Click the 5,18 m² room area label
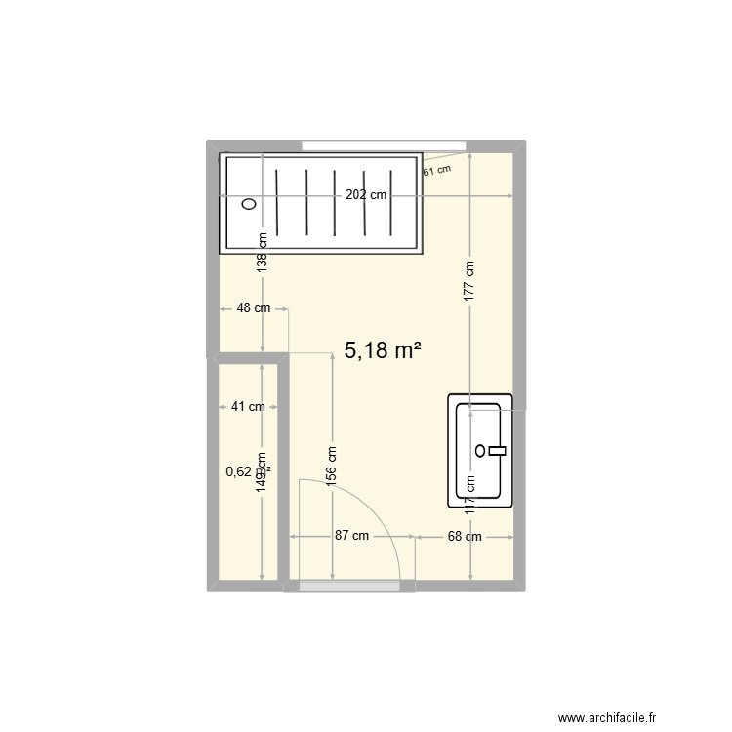(383, 351)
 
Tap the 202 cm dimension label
(365, 195)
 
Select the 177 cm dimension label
(469, 278)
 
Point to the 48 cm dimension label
(254, 308)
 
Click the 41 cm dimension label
(248, 407)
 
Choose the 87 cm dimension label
(351, 536)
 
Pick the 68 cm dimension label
(465, 536)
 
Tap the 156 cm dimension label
(332, 467)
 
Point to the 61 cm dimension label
(437, 170)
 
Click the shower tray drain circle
(249, 204)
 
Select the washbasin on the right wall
(479, 451)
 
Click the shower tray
(321, 203)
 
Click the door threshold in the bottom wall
(349, 586)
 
